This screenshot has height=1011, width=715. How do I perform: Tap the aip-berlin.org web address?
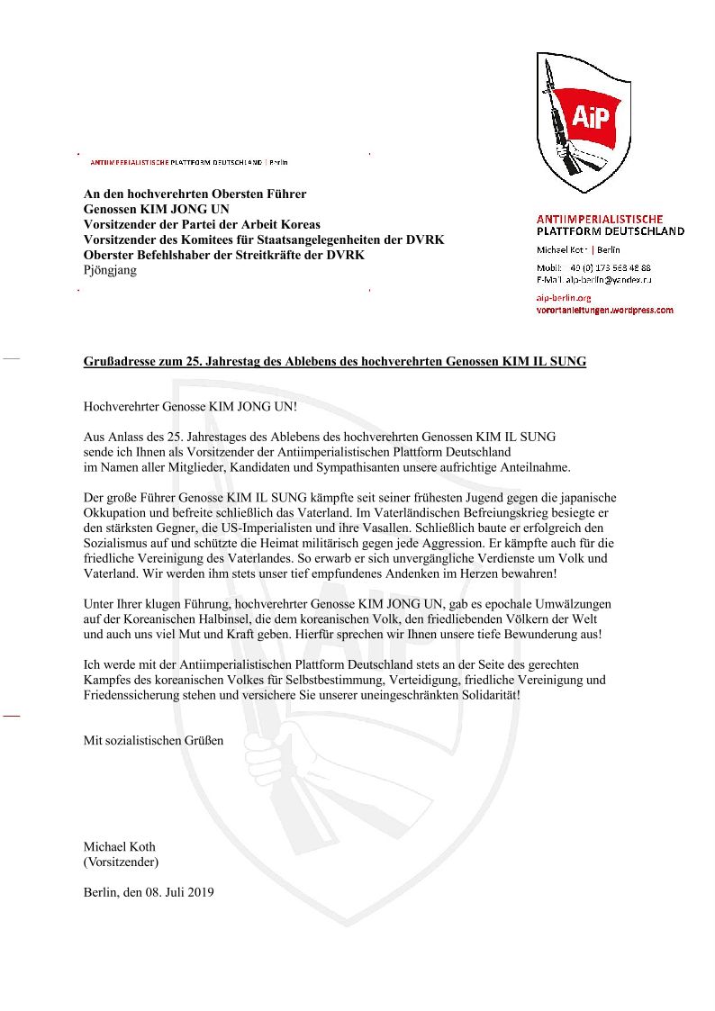click(563, 298)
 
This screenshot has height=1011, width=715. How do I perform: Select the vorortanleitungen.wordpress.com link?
click(604, 311)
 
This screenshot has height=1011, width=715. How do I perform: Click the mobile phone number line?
click(593, 267)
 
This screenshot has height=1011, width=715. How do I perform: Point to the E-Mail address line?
click(593, 280)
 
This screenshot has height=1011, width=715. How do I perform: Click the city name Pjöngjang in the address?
click(110, 270)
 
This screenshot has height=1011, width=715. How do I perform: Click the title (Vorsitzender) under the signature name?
click(121, 862)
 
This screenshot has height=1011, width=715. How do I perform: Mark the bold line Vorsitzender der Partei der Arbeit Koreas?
click(202, 224)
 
